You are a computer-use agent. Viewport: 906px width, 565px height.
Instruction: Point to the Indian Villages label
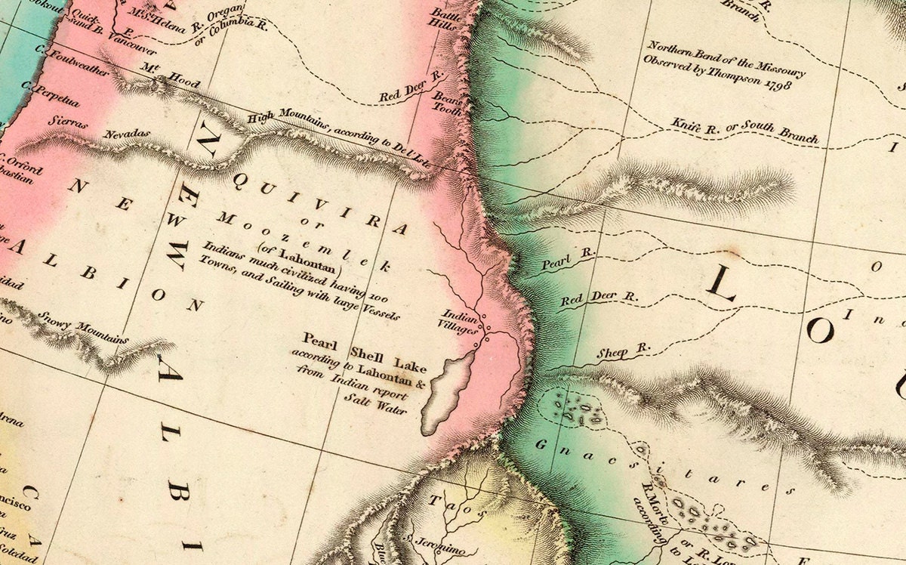459,321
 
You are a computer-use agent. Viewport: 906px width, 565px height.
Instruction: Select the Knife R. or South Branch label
745,131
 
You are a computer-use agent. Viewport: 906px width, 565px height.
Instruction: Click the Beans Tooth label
446,103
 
